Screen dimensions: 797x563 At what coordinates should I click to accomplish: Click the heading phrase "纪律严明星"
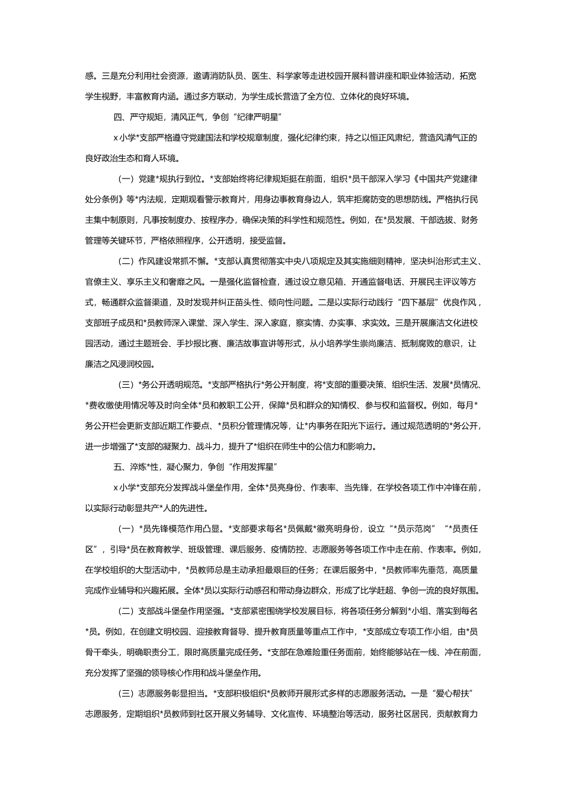pyautogui.click(x=247, y=117)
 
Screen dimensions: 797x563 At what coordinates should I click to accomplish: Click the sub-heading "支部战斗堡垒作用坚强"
pyautogui.click(x=180, y=611)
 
